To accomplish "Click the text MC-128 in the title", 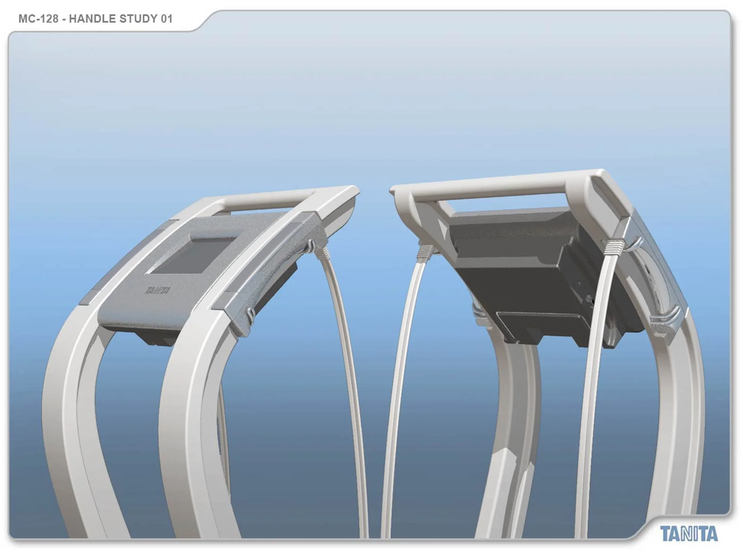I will point(38,19).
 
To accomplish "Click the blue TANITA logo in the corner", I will point(689,534).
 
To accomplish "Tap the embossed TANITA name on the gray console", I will point(158,290).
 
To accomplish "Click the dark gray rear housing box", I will point(515,264).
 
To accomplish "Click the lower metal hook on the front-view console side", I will point(251,313).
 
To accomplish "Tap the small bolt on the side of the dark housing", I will point(590,299).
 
